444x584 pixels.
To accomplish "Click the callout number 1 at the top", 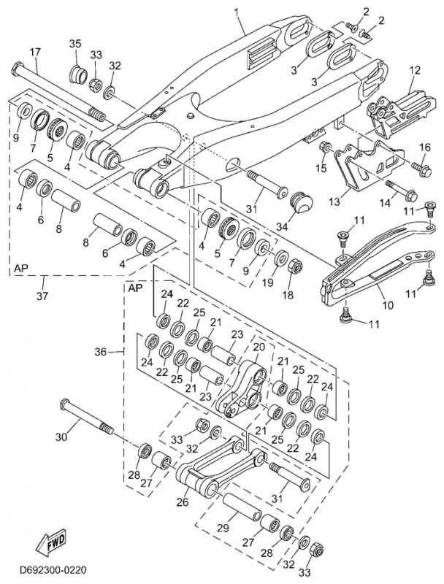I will click(237, 11).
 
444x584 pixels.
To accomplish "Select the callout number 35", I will click(75, 45).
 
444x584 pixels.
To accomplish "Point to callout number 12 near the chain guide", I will click(415, 71).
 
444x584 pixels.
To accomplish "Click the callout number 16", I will click(425, 147).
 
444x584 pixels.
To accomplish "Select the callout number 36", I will click(101, 352).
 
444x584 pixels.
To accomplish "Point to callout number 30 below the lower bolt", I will click(61, 437).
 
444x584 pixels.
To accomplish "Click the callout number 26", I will click(181, 502).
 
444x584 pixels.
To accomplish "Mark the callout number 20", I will click(259, 347).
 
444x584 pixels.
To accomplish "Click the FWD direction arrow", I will click(48, 545).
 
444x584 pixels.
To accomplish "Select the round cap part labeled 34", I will click(302, 203).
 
